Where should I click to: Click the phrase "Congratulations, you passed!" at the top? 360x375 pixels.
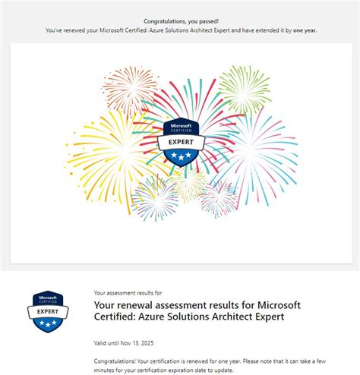[x=180, y=21]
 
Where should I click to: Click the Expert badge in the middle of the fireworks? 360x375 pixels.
[x=180, y=142]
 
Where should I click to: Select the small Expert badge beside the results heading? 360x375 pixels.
[x=47, y=310]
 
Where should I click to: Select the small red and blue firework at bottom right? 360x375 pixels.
[x=219, y=197]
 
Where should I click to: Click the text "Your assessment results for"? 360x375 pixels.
[x=128, y=292]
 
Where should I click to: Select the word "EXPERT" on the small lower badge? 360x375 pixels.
[x=47, y=310]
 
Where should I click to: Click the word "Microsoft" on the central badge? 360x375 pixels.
[x=180, y=124]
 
